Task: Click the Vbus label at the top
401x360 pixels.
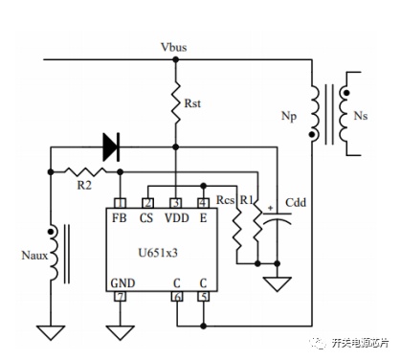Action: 174,47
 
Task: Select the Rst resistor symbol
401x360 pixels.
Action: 176,101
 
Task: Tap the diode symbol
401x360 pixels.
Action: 111,147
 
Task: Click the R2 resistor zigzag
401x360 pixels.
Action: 85,172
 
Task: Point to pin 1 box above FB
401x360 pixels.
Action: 120,203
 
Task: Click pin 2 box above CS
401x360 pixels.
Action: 147,203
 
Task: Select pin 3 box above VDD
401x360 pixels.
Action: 176,203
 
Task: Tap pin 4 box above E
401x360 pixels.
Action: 204,203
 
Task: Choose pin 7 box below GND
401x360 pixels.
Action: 120,297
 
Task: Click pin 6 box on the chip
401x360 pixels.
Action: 177,297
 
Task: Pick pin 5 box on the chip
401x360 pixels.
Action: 204,297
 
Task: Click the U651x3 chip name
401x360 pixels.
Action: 158,253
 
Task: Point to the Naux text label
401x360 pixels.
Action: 34,256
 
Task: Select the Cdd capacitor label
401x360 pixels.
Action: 296,202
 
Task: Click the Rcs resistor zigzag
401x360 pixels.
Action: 237,230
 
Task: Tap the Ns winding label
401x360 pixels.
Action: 361,116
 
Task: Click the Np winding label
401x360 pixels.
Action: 289,116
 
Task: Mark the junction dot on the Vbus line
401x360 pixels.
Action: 176,59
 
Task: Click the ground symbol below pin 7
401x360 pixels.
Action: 120,332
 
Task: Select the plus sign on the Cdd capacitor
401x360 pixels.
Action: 271,208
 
